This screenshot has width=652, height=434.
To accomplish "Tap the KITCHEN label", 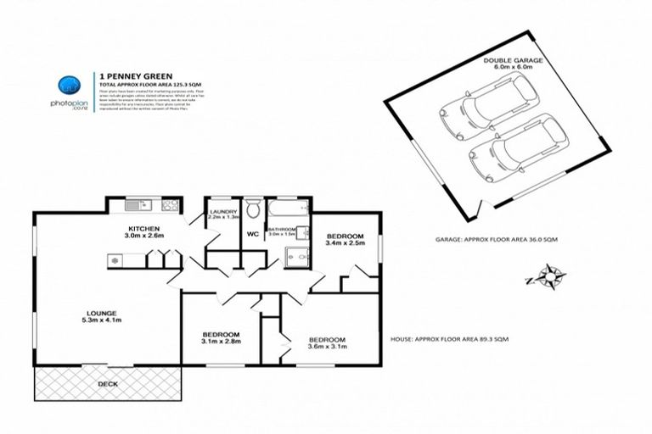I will click(144, 231).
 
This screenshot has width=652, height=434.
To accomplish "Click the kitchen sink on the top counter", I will click(136, 205).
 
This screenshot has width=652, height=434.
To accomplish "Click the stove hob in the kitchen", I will click(168, 204).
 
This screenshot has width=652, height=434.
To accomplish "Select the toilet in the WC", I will click(252, 210).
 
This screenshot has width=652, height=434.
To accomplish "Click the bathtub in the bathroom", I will click(288, 211).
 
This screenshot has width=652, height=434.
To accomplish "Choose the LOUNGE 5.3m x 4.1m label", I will click(101, 317).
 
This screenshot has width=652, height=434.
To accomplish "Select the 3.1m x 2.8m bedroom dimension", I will click(221, 342).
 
